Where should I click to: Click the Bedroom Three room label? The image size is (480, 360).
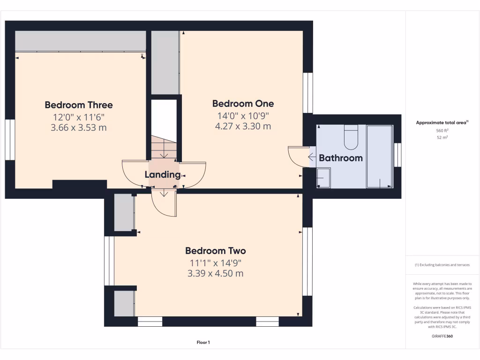(79, 105)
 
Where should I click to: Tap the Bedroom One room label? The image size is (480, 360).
(243, 104)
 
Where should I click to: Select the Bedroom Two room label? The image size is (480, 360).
(215, 251)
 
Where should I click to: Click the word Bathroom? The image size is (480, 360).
(341, 158)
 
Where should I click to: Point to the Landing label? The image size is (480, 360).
(162, 175)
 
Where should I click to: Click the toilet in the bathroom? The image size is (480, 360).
(351, 136)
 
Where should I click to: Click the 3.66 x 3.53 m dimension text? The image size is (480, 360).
(79, 127)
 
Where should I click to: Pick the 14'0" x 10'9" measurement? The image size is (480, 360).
(243, 116)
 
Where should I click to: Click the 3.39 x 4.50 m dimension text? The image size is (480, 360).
(215, 273)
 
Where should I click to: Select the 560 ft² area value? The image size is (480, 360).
(442, 131)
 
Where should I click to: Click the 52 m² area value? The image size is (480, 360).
(442, 137)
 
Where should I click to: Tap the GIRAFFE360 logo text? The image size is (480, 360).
(442, 336)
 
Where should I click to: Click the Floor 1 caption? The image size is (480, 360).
(203, 343)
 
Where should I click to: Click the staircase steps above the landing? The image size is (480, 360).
(164, 148)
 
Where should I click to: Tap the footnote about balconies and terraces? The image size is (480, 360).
(442, 265)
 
